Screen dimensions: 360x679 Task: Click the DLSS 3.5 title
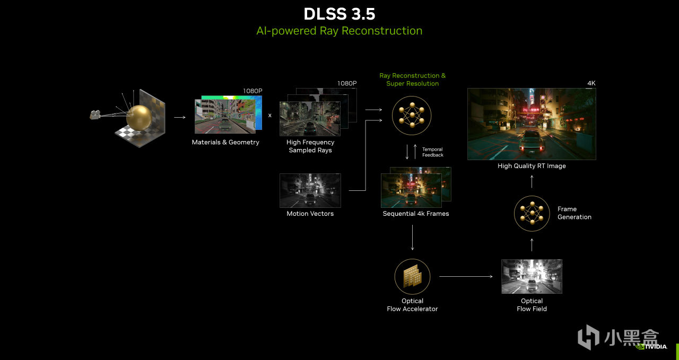click(x=339, y=13)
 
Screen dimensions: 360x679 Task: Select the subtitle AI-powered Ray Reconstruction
click(x=339, y=31)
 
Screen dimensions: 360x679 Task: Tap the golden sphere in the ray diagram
click(x=138, y=117)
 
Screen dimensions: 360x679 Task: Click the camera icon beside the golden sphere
click(x=95, y=114)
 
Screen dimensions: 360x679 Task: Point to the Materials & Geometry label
click(x=225, y=142)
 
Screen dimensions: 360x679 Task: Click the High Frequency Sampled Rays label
click(x=310, y=146)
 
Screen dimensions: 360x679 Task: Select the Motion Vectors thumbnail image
click(x=310, y=190)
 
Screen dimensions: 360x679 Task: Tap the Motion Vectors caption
click(x=310, y=214)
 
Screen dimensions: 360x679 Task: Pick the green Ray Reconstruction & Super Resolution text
click(x=412, y=80)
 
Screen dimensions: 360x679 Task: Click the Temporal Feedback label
click(x=432, y=152)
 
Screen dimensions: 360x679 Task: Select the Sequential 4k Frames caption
click(x=416, y=214)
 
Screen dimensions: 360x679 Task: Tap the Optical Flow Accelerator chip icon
click(x=412, y=277)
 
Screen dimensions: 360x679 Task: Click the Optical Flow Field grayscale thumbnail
click(x=532, y=276)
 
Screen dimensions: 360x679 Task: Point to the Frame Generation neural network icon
click(x=532, y=213)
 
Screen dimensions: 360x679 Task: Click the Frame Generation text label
click(x=574, y=213)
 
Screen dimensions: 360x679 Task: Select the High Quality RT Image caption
click(x=532, y=166)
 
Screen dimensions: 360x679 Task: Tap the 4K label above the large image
click(x=591, y=83)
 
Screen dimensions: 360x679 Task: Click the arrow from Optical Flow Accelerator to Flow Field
click(x=466, y=277)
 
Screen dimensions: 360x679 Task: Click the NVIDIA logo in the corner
click(x=652, y=347)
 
